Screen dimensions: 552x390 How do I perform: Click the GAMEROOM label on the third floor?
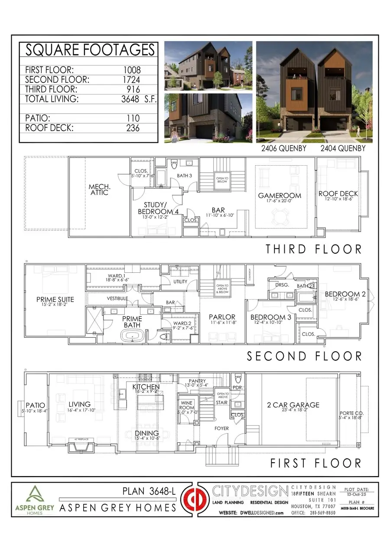point(279,195)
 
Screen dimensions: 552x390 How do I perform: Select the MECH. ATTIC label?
point(98,189)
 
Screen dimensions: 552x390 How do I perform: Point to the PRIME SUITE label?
point(55,299)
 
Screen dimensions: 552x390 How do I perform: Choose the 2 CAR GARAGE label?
point(293,405)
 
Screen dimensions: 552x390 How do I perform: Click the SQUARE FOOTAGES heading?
point(90,50)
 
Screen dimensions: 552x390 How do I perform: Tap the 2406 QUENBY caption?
point(283,148)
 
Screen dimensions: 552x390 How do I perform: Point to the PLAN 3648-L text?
point(149,491)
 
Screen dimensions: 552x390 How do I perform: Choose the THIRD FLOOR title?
point(313,249)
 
